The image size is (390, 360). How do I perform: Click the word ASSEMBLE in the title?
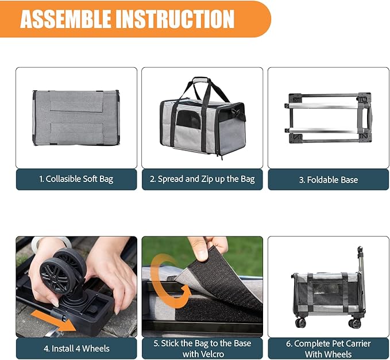pyautogui.click(x=65, y=18)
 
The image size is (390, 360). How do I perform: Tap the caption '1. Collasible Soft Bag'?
pyautogui.click(x=76, y=179)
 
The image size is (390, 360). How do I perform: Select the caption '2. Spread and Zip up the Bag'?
pyautogui.click(x=202, y=179)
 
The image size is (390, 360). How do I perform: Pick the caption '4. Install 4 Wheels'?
pyautogui.click(x=76, y=348)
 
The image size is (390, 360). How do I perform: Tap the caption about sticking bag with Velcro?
pyautogui.click(x=202, y=348)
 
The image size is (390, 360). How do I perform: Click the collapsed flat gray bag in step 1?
pyautogui.click(x=76, y=117)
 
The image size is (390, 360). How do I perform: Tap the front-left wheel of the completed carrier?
pyautogui.click(x=300, y=322)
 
